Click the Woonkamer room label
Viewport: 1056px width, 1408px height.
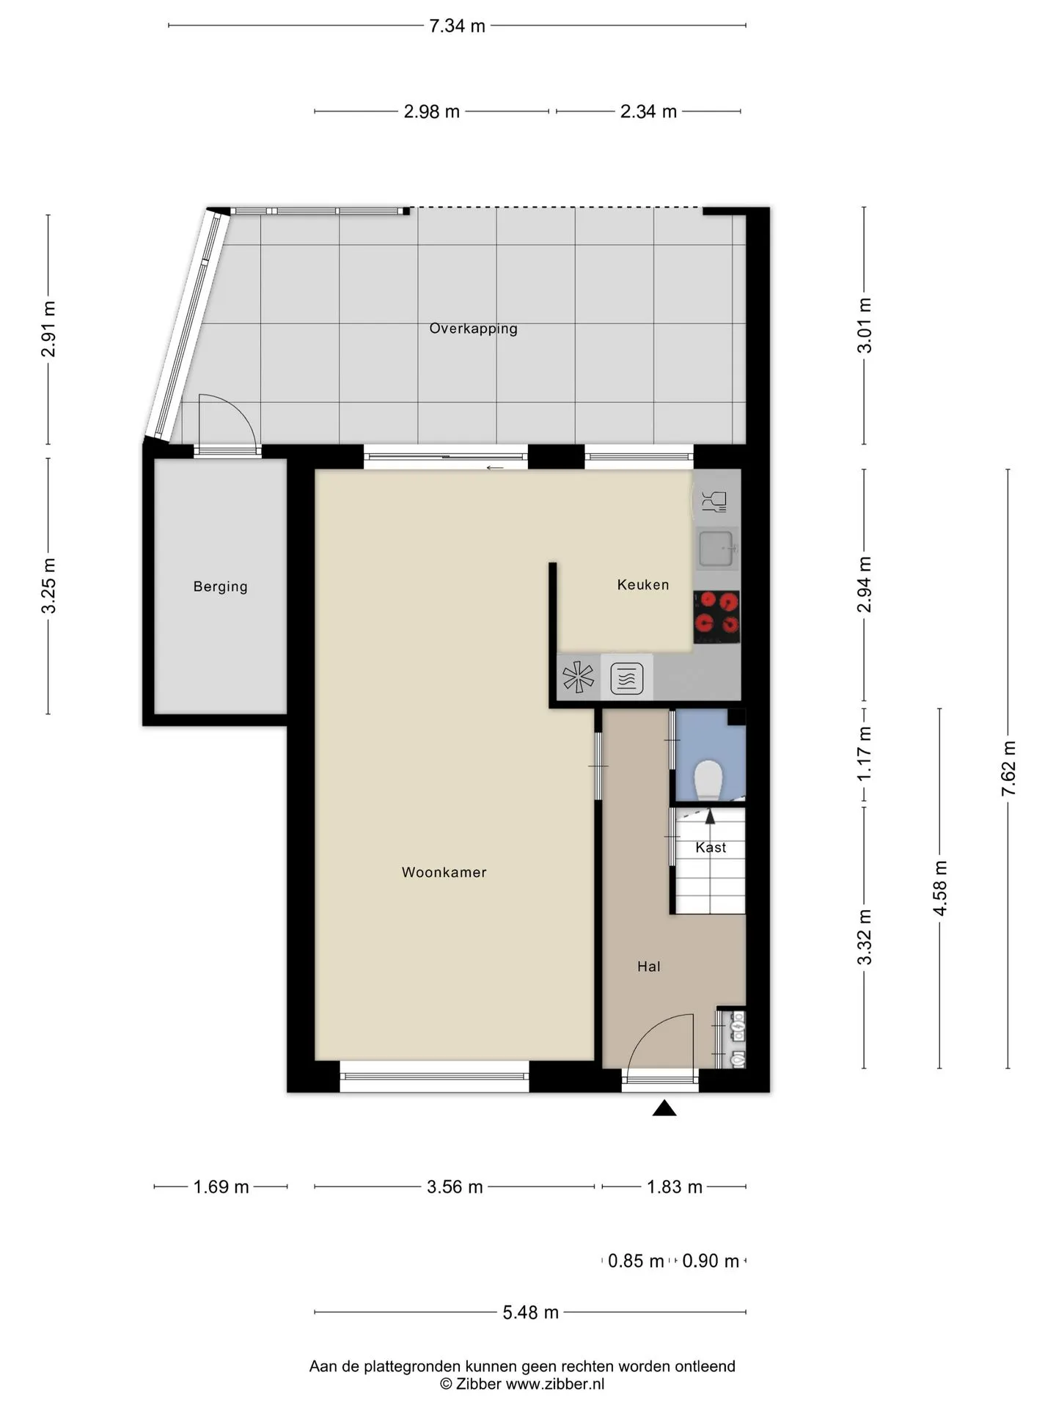point(444,872)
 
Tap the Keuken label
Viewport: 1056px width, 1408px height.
point(643,584)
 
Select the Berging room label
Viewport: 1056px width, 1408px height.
point(220,587)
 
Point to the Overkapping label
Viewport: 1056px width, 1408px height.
point(473,329)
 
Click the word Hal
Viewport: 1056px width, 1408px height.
point(649,967)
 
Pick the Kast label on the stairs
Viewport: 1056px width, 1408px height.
point(711,847)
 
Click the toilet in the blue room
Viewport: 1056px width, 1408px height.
point(708,780)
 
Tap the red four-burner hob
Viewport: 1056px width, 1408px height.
point(716,613)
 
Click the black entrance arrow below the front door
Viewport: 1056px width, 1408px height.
point(664,1108)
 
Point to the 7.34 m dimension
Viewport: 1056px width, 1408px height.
point(458,26)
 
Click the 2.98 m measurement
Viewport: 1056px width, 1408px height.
point(432,111)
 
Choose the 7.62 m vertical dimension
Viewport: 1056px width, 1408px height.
point(1009,769)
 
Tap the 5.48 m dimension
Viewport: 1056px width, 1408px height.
point(531,1312)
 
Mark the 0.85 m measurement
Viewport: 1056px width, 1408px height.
point(636,1261)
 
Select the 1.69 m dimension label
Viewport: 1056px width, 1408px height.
point(221,1187)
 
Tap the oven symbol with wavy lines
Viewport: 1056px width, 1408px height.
point(627,678)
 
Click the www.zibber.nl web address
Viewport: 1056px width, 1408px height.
point(555,1384)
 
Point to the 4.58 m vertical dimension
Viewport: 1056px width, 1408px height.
point(940,888)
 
